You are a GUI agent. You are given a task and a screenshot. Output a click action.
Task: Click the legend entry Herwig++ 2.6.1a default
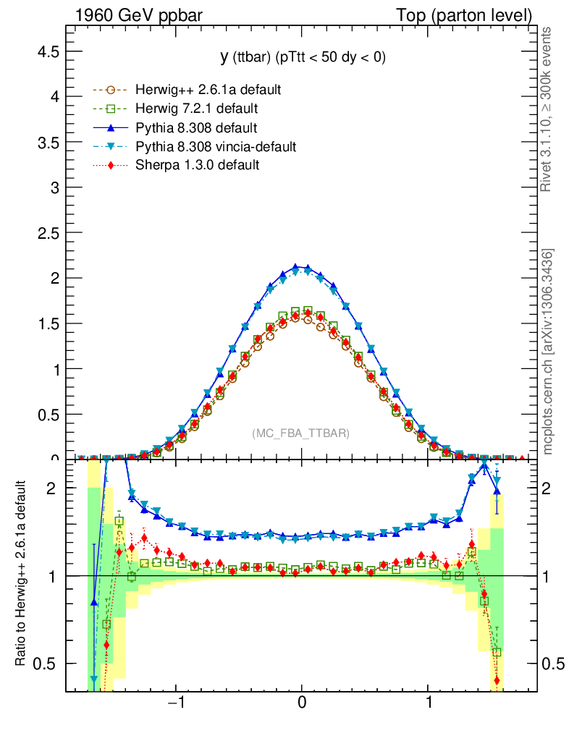click(x=208, y=90)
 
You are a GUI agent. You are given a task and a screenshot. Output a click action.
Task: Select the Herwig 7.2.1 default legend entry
click(x=197, y=109)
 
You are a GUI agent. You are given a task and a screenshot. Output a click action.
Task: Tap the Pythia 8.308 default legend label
click(x=196, y=128)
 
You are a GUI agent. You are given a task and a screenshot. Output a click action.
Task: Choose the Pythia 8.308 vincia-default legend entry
click(x=216, y=147)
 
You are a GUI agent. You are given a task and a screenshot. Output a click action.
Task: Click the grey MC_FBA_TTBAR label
click(x=301, y=433)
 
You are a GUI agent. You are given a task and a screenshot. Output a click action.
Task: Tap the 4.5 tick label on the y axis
click(x=49, y=51)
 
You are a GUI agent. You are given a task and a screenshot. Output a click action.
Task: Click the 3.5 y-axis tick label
click(x=49, y=142)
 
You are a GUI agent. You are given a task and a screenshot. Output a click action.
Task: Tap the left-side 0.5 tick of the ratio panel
click(x=49, y=664)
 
